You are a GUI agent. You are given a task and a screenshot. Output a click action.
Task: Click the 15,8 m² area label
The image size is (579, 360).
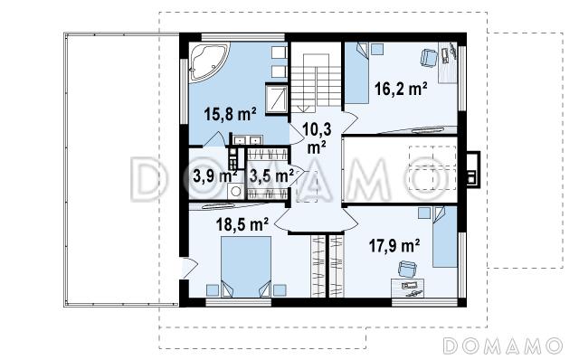coord(230,114)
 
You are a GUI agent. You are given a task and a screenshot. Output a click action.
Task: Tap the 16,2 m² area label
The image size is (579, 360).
coord(401,89)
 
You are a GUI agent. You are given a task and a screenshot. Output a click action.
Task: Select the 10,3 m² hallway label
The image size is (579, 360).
coord(317,138)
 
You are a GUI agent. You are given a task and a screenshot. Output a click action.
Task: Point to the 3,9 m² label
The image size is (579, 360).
coord(215,176)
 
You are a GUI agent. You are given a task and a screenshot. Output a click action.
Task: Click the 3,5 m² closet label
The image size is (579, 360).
coord(271,175)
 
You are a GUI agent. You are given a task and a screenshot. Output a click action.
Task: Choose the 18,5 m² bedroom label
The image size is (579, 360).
coord(242,224)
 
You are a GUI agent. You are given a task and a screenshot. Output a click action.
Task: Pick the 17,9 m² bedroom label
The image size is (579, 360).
coord(394,245)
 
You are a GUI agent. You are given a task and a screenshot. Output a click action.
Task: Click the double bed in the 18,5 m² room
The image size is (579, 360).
coord(246,267)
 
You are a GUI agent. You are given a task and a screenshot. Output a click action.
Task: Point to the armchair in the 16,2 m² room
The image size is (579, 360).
coord(429,58)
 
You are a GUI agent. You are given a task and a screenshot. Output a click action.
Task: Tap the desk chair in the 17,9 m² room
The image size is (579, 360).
coord(407,269)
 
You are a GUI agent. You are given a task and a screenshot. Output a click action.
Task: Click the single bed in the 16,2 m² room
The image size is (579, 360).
coord(357,72)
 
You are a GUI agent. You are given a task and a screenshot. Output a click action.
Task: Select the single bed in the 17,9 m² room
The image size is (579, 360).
coord(445,237)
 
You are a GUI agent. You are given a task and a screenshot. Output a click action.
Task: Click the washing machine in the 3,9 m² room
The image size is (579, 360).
coord(235,191)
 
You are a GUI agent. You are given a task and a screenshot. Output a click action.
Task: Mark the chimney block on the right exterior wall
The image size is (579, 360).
coord(473,170)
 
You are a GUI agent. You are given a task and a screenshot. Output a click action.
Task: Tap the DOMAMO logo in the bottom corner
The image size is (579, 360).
coord(503,346)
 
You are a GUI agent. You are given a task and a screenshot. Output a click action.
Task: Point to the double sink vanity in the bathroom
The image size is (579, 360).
coord(246,140)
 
